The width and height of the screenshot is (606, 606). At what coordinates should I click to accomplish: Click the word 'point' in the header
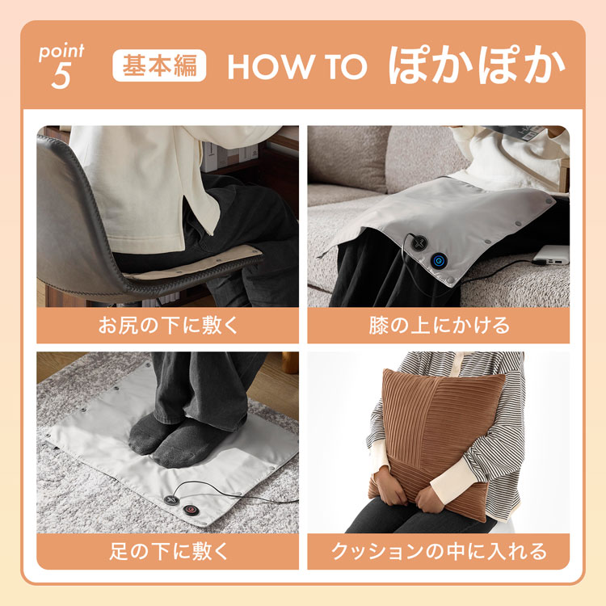[61, 53]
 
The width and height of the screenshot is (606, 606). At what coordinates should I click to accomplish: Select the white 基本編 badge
[159, 65]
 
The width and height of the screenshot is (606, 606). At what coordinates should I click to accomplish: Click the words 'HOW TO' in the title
[297, 68]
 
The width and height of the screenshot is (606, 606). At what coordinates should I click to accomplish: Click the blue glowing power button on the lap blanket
[440, 260]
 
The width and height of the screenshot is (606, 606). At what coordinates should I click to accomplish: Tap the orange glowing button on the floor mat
[191, 511]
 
